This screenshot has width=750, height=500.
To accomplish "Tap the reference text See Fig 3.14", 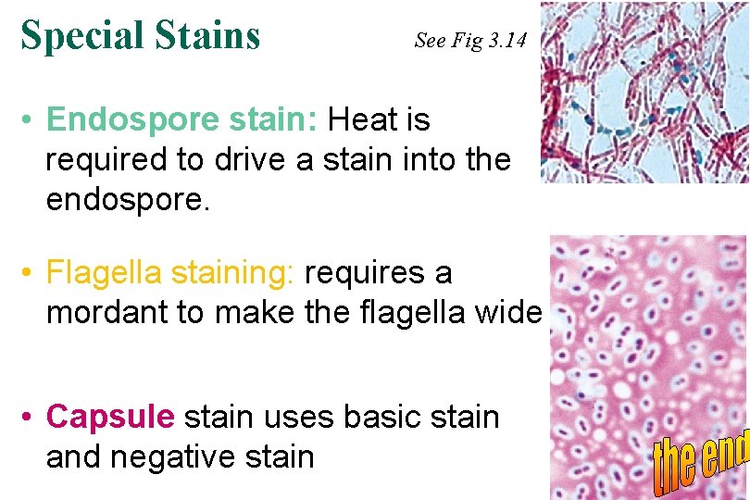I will coord(471,40).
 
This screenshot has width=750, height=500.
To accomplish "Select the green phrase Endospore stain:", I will coord(182,120).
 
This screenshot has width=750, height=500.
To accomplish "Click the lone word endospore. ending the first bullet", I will coord(128,199).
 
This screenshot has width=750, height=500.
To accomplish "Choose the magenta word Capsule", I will coord(109,418).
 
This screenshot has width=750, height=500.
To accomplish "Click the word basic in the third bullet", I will coord(382,418).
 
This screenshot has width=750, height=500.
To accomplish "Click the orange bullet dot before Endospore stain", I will coord(31,121).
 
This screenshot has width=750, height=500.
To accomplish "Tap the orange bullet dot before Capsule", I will coord(31,419).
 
